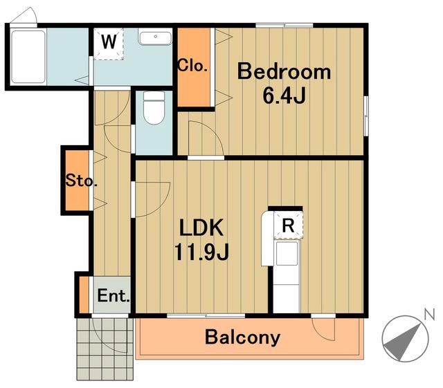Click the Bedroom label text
point(284,72)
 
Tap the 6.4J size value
point(284,95)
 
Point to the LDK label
point(201,228)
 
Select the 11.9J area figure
point(201,252)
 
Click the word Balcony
point(242,338)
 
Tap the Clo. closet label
point(192,66)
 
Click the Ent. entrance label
point(114,295)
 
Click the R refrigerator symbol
point(288,225)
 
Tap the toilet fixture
point(154,108)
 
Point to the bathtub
point(28,57)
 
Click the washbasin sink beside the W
point(155,38)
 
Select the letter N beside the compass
point(429,314)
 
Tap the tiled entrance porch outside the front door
point(105,349)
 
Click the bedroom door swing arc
point(211,133)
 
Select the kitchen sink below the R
point(287,253)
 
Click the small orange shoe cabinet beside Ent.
point(84,295)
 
